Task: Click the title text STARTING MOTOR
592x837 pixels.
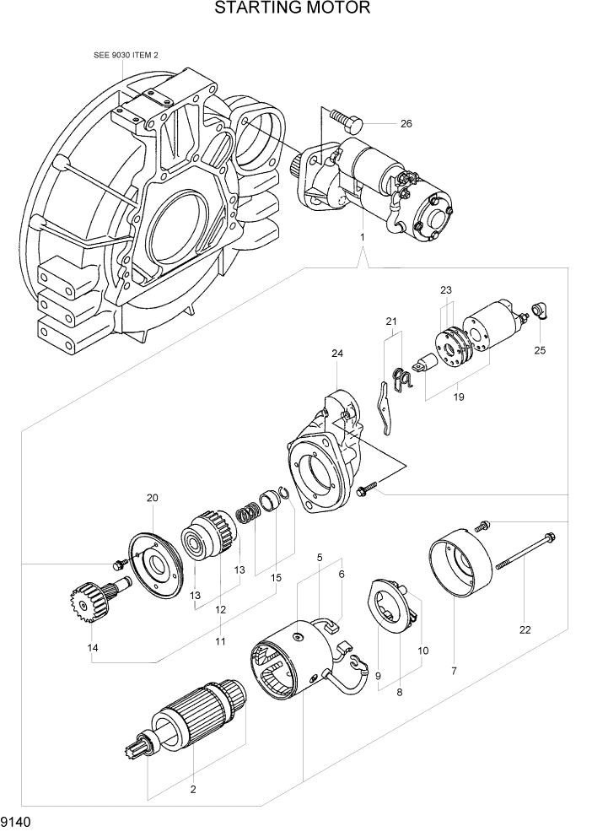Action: tap(293, 9)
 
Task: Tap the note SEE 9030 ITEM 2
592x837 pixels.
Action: tap(126, 55)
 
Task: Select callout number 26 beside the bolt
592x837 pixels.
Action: tap(406, 124)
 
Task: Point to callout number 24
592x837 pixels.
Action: tap(336, 354)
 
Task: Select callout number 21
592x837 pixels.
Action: tap(390, 321)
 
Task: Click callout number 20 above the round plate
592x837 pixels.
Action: tap(152, 498)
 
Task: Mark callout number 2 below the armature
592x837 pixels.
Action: tap(193, 790)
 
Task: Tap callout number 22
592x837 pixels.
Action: tap(525, 629)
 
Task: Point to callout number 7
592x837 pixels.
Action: tap(454, 671)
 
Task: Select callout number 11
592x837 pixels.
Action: tap(219, 642)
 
